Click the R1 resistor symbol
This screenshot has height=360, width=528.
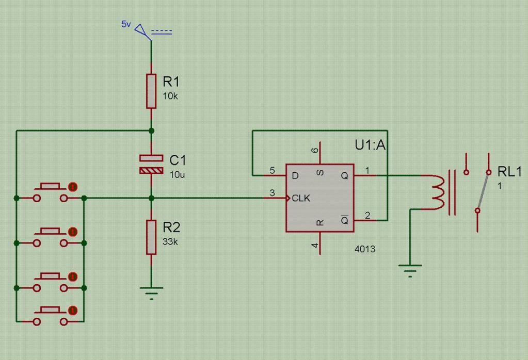pyautogui.click(x=151, y=91)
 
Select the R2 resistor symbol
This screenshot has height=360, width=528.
pyautogui.click(x=151, y=237)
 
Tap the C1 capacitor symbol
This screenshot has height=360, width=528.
pyautogui.click(x=151, y=164)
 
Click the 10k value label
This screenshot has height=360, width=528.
pyautogui.click(x=170, y=96)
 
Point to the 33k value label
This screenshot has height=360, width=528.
pyautogui.click(x=171, y=241)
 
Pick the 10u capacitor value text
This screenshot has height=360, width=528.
pyautogui.click(x=177, y=174)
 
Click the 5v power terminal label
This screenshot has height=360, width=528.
pyautogui.click(x=126, y=24)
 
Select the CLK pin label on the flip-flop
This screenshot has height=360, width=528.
pyautogui.click(x=301, y=198)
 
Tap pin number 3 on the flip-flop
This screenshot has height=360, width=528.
pyautogui.click(x=273, y=193)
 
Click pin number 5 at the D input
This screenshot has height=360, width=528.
pyautogui.click(x=273, y=170)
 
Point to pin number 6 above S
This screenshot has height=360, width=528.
pyautogui.click(x=315, y=150)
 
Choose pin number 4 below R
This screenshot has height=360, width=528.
pyautogui.click(x=315, y=246)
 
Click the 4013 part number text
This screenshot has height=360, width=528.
pyautogui.click(x=365, y=249)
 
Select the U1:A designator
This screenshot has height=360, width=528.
pyautogui.click(x=370, y=145)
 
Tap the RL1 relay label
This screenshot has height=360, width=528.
pyautogui.click(x=509, y=172)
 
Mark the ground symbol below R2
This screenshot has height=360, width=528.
pyautogui.click(x=151, y=292)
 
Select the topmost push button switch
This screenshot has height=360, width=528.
pyautogui.click(x=51, y=191)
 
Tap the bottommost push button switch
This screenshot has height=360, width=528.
pyautogui.click(x=51, y=315)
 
